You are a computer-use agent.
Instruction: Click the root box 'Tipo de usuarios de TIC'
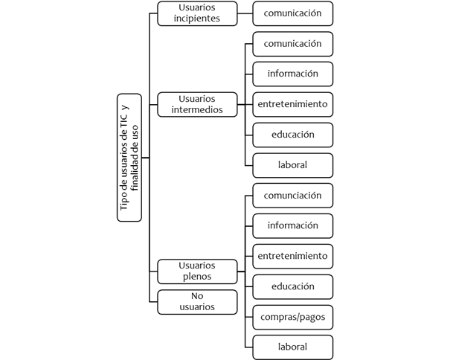tap(129, 158)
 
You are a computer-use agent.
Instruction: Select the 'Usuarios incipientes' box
tap(197, 13)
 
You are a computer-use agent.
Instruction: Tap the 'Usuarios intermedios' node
tap(197, 104)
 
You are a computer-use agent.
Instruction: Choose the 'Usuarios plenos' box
tap(197, 271)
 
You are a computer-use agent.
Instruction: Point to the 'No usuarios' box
tap(197, 302)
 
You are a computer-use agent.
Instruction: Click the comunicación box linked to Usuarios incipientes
tap(293, 13)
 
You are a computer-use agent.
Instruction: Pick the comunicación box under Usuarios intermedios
tap(293, 44)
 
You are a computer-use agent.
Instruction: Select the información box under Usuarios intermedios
tap(293, 74)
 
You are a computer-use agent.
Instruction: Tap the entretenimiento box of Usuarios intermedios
tap(293, 104)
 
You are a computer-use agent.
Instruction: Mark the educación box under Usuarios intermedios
tap(293, 135)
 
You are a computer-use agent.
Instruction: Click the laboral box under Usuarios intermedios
tap(293, 165)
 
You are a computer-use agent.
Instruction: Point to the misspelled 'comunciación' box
tap(293, 196)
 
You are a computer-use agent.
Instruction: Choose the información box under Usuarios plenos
tap(293, 226)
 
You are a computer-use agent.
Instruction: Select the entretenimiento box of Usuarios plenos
tap(293, 257)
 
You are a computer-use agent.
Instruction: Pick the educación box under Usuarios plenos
tap(293, 287)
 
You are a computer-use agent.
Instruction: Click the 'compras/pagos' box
tap(293, 317)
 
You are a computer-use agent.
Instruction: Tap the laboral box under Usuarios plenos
tap(293, 347)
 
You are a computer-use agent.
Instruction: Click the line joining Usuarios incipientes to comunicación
tap(245, 13)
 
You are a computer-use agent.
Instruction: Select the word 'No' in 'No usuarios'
tap(197, 296)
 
